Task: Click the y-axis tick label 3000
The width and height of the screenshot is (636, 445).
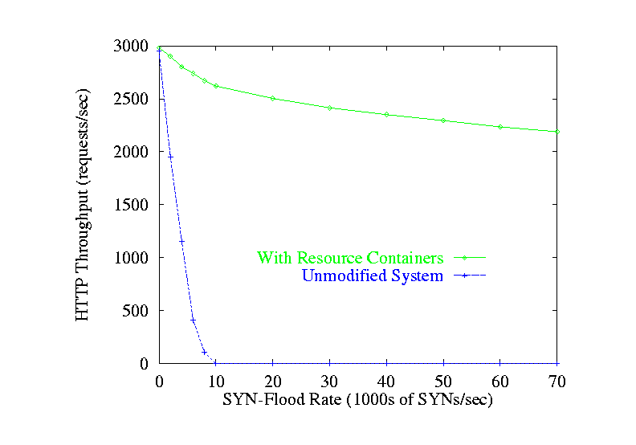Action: pos(132,47)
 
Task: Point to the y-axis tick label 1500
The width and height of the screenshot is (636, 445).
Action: pos(132,205)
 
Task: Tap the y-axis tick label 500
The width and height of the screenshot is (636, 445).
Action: pos(137,311)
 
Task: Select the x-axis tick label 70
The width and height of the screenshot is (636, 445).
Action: pos(556,382)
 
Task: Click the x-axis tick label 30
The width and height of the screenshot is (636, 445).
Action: pos(329,382)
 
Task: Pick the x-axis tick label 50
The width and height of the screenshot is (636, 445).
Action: pos(443,382)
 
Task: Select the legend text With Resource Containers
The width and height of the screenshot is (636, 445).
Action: pos(350,259)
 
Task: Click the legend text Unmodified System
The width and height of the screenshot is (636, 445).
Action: pos(373,276)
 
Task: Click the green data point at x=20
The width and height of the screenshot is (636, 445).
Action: pos(273,98)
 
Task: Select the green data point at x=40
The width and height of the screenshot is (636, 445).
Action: pos(386,114)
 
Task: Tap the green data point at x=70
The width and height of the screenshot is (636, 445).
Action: pos(556,131)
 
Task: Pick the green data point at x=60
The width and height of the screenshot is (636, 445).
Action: pos(500,126)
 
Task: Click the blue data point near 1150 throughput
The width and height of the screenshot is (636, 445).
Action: pos(181,241)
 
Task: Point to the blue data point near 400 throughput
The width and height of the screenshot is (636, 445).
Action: pos(193,320)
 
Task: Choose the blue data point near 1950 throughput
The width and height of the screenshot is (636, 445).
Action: pos(170,157)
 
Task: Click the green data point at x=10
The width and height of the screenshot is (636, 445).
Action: pos(216,86)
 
